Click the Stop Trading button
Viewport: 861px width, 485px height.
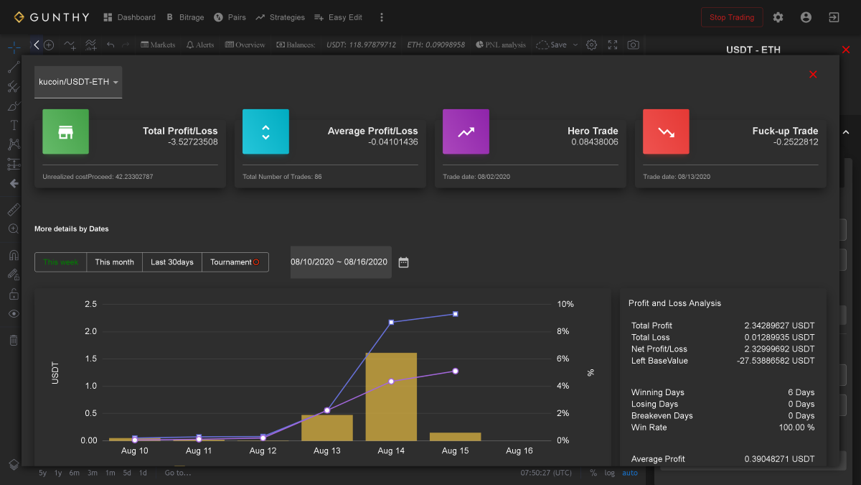[x=731, y=17]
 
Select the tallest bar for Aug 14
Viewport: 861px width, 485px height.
[x=391, y=397]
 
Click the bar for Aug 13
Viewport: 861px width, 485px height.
[x=327, y=428]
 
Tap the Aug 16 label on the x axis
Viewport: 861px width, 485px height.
[x=519, y=451]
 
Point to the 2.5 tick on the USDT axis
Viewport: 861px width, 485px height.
[x=90, y=304]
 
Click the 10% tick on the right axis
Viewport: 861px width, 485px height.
[x=565, y=304]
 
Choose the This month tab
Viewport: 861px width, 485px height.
[x=115, y=262]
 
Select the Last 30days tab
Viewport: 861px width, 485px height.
[x=172, y=262]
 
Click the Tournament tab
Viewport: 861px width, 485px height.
[x=235, y=262]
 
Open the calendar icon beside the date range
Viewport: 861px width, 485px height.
[x=403, y=262]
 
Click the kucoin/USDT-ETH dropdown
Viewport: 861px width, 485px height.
[x=78, y=82]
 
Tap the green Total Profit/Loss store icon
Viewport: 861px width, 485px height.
[x=66, y=131]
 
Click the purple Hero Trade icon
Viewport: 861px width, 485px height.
[x=466, y=131]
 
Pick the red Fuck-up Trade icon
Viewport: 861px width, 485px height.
[x=666, y=131]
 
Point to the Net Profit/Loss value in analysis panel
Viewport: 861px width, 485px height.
[x=779, y=349]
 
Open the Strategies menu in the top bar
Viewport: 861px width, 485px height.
[x=280, y=17]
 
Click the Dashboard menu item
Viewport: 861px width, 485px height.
[x=130, y=17]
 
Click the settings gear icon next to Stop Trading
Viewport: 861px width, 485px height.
[x=778, y=17]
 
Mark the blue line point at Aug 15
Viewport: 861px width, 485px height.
[x=456, y=314]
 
